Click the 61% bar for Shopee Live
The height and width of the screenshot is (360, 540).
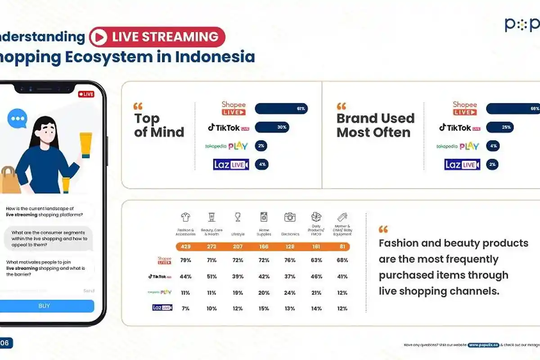point(281,108)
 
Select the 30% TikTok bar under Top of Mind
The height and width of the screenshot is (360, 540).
point(272,127)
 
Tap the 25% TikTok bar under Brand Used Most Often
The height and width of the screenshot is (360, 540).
point(499,127)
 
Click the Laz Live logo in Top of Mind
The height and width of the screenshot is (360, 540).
point(231,165)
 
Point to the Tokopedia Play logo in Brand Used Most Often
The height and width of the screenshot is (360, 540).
point(458,146)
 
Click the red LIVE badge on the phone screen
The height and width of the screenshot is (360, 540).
point(86,94)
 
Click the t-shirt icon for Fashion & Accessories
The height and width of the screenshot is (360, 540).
point(185,218)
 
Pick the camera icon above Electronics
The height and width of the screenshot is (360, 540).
point(290,217)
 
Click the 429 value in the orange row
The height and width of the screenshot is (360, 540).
point(185,247)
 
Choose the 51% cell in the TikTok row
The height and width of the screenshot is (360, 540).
point(211,277)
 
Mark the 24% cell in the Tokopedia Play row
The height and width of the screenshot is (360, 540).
point(290,292)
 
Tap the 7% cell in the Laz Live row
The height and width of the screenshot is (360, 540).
point(185,308)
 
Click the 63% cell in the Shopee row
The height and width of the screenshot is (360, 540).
point(316,260)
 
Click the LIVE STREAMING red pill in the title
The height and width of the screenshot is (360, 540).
point(157,37)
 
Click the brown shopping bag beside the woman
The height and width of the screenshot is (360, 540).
point(9,180)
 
